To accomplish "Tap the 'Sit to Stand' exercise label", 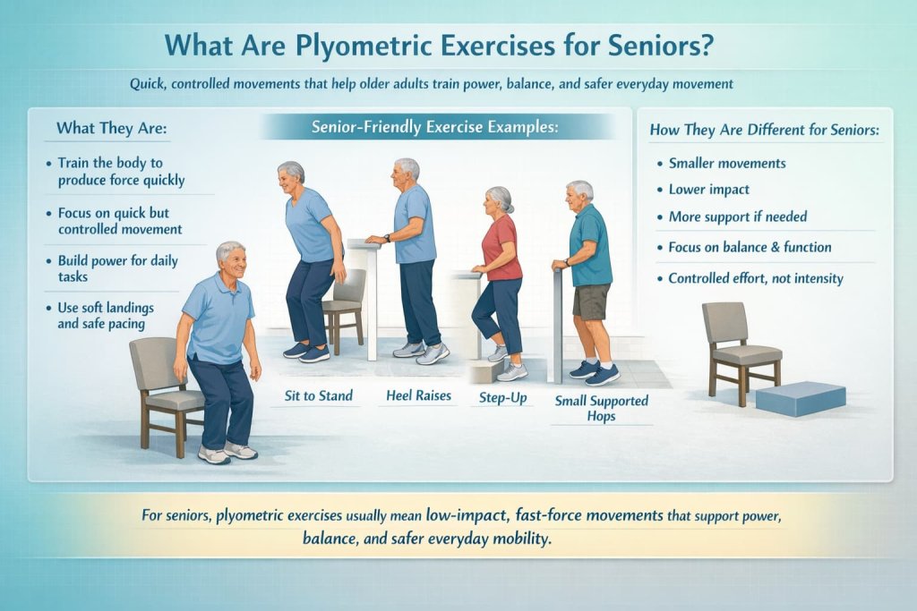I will [x=317, y=395].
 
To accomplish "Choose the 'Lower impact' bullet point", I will [x=708, y=190].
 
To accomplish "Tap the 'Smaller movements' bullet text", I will [x=727, y=163].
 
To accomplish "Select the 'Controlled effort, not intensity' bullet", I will [x=756, y=278].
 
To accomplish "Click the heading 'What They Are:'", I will [x=112, y=128].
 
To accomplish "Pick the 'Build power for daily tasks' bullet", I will [x=117, y=268].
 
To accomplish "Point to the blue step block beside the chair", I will [x=800, y=397].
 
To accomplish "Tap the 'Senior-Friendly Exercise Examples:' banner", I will [x=434, y=128].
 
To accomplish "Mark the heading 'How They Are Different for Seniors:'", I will [x=764, y=131].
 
